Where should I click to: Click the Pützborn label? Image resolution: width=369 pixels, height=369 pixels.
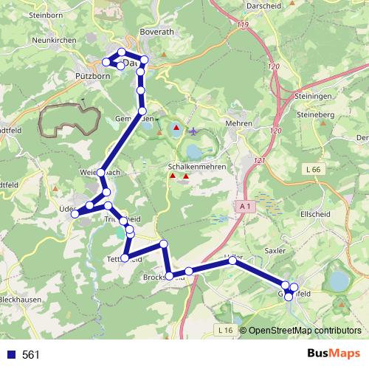[x=92, y=75]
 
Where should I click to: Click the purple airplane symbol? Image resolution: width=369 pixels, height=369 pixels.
[x=193, y=132]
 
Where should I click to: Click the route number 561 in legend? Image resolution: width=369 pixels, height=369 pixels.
[x=31, y=355]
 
